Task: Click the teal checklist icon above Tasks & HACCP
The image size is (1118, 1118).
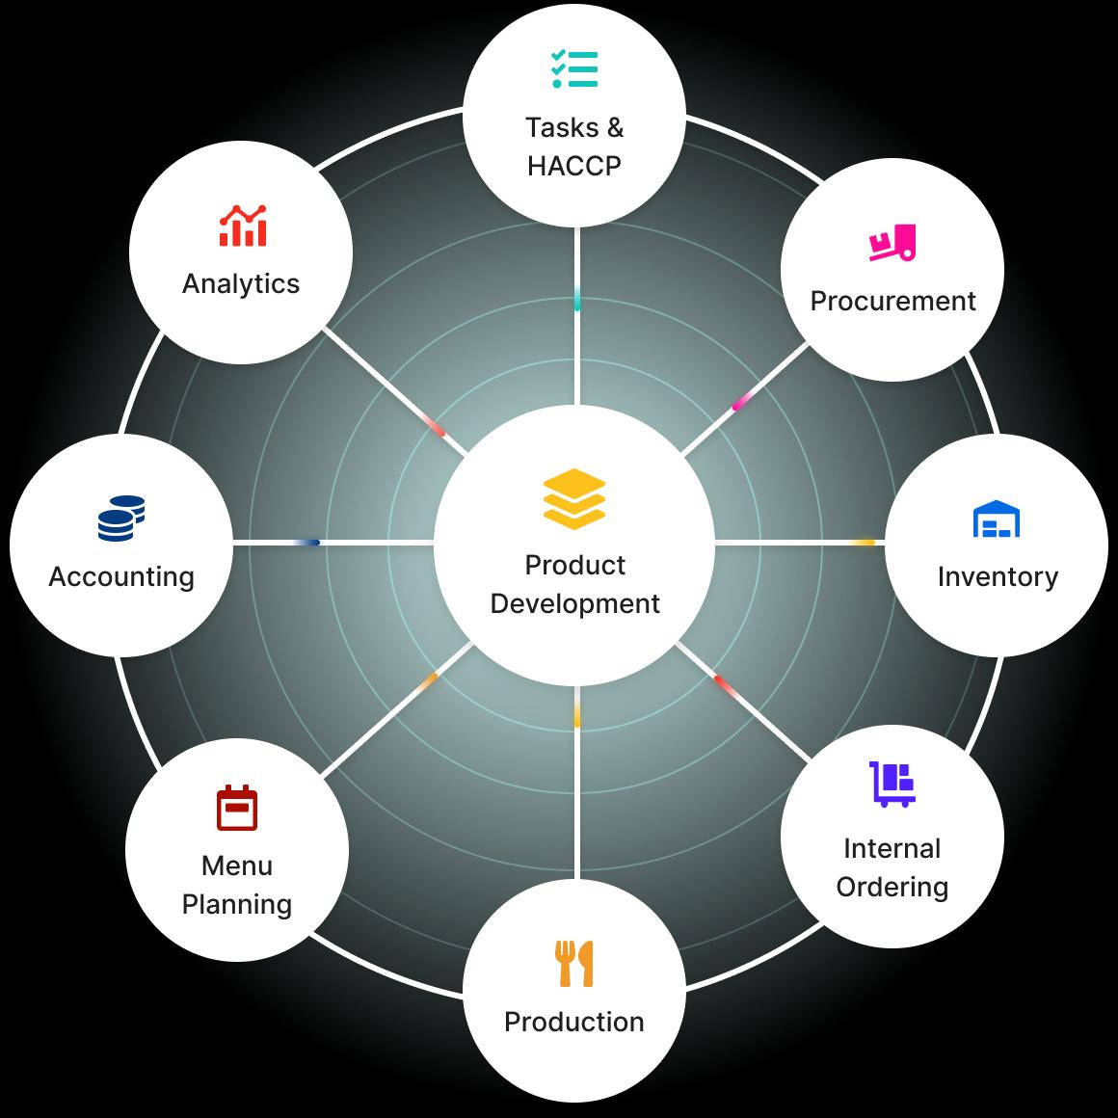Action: (574, 69)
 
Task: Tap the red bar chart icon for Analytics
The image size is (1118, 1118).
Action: (243, 226)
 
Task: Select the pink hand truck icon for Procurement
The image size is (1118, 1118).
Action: (892, 243)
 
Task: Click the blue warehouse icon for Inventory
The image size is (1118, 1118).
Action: (996, 519)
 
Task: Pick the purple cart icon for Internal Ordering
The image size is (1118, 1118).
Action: (892, 785)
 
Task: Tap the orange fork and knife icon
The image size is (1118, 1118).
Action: (574, 963)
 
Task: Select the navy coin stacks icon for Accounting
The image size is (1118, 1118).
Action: (121, 519)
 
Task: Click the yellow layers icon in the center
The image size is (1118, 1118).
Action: (574, 499)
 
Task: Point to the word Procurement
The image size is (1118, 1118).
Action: (892, 301)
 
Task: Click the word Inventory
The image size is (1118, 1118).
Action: (998, 576)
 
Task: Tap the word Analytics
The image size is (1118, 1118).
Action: (241, 283)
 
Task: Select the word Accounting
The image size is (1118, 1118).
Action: (121, 576)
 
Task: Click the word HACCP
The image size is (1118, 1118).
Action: (574, 166)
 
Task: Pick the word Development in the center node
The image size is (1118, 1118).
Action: (574, 604)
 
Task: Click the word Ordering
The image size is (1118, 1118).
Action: (892, 888)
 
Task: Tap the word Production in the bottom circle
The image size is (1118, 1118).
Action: (574, 1022)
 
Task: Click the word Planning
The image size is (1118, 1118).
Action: (237, 905)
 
